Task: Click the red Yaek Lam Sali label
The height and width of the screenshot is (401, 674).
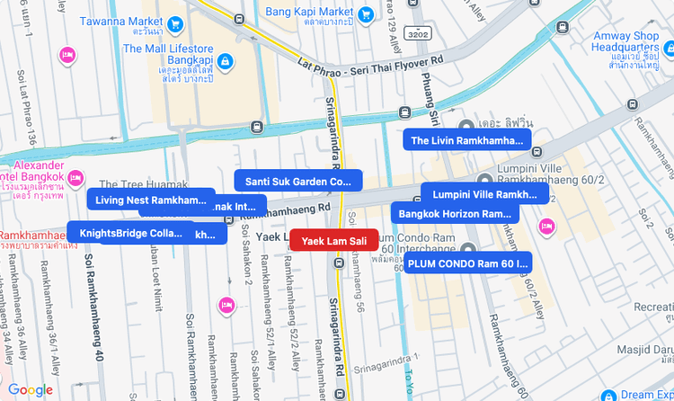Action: [333, 240]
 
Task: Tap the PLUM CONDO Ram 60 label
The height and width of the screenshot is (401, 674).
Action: [467, 263]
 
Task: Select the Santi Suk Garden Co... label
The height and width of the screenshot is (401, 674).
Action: [297, 182]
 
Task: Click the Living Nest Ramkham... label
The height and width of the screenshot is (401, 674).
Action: [151, 200]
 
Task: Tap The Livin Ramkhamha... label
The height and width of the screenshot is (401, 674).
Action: [466, 140]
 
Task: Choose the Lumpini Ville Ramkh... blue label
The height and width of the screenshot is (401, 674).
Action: [484, 194]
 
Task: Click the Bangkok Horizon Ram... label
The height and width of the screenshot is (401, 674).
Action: [455, 214]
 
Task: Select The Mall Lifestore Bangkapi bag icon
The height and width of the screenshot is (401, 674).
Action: [225, 61]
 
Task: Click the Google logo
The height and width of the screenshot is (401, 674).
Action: [31, 389]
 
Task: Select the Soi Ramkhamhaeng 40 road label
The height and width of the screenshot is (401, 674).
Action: [93, 307]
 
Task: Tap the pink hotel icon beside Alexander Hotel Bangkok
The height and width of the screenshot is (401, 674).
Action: [75, 176]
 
